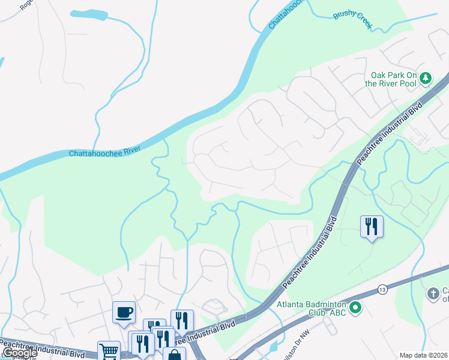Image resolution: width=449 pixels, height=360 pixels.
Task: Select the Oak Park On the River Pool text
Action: click(x=393, y=79)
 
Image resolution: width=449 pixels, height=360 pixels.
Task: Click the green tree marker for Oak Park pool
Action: click(x=426, y=77)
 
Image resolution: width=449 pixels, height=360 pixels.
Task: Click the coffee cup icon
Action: click(x=124, y=312)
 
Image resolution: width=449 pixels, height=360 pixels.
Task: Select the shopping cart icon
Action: click(x=109, y=351)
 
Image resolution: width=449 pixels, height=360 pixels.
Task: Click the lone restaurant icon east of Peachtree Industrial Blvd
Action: click(x=372, y=226)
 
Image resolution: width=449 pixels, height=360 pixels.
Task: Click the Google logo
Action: click(x=20, y=353)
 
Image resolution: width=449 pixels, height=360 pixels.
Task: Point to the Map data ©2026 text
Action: click(x=424, y=355)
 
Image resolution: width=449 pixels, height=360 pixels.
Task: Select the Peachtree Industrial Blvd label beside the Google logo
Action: click(x=45, y=348)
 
